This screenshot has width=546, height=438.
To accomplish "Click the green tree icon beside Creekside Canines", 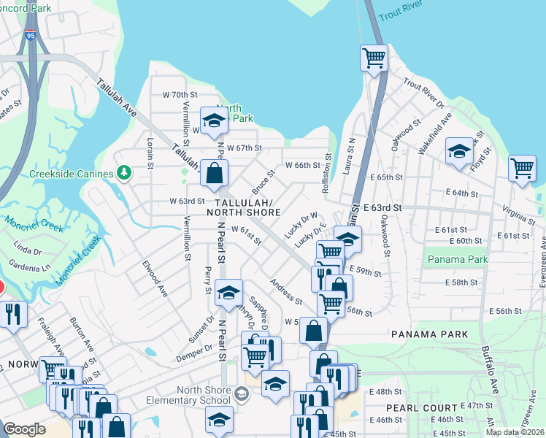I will pyautogui.click(x=124, y=172).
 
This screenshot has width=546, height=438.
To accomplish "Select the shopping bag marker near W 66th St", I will pyautogui.click(x=214, y=174).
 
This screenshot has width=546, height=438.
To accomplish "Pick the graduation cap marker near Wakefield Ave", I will pyautogui.click(x=459, y=152).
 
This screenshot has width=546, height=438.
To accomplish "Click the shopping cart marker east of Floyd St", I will pyautogui.click(x=522, y=168).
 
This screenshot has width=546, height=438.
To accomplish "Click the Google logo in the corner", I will pyautogui.click(x=24, y=429).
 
